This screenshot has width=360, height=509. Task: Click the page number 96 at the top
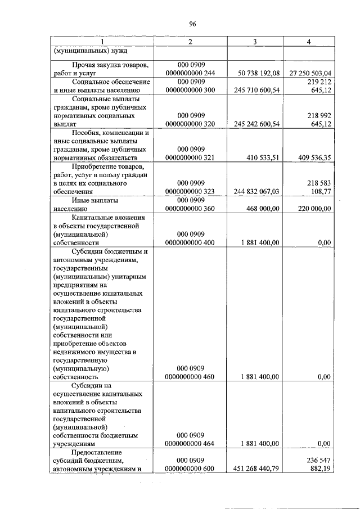click(192, 24)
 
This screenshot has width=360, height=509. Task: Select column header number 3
click(255, 42)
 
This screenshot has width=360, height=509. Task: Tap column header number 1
click(102, 42)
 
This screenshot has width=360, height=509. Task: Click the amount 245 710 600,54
click(256, 90)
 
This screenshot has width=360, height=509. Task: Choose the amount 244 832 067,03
click(256, 192)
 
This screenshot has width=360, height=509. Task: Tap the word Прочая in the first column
click(84, 65)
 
